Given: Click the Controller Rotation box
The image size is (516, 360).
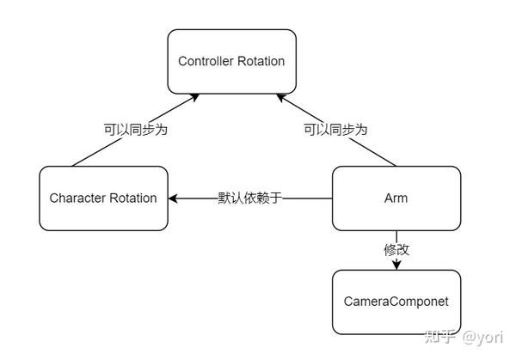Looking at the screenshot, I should [230, 62].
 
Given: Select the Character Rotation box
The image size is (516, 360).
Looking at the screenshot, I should [103, 198].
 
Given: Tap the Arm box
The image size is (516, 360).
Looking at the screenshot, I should [396, 198].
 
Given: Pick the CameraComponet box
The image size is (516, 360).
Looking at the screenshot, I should [396, 302].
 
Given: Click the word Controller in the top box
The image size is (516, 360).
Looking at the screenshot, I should [206, 62].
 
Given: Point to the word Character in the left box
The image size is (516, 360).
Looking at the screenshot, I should [78, 198].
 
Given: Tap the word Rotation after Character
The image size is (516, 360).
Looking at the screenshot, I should [133, 198].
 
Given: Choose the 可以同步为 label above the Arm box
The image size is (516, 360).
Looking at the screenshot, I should [335, 130].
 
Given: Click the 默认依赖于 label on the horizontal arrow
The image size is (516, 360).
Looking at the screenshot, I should [250, 198].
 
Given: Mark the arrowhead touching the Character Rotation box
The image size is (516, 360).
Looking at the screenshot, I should [174, 198].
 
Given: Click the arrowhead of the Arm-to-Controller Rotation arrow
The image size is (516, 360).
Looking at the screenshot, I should [279, 97].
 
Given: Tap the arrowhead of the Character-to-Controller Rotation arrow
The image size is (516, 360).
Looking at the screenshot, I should [195, 97].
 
